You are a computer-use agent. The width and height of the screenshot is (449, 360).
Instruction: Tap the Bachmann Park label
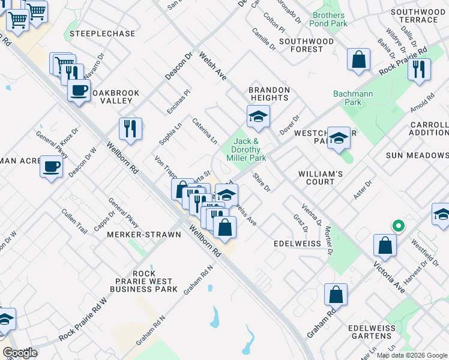(348, 98)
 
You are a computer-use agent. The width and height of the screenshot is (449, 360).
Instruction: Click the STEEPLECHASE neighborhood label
(102, 34)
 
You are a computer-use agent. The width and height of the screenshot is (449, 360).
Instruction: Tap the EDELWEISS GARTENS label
(376, 333)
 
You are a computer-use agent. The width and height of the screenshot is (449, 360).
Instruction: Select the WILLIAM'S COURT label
(325, 178)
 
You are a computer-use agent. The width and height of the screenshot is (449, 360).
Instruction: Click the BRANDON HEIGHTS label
(270, 94)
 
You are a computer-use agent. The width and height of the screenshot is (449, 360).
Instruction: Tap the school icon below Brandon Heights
(258, 116)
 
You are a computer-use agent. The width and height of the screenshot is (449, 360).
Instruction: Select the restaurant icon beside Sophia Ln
(130, 128)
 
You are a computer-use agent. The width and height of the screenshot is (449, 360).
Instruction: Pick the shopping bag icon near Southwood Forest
(358, 59)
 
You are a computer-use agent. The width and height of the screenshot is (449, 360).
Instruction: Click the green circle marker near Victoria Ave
(397, 226)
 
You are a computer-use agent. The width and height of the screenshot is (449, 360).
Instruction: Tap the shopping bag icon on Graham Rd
(336, 295)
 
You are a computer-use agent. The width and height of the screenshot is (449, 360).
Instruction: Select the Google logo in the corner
(20, 353)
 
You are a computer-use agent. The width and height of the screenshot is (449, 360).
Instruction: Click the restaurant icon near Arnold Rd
(419, 69)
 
